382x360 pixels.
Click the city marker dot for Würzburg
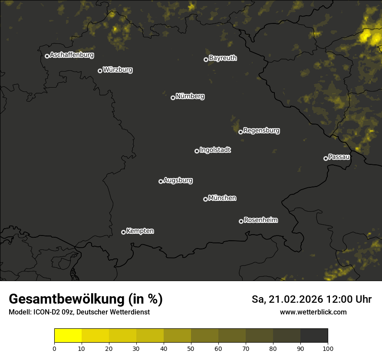click(100, 71)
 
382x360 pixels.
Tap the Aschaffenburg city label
click(72, 55)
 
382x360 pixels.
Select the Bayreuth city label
click(223, 58)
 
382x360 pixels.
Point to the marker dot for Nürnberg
click(173, 98)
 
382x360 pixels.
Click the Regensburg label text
click(261, 131)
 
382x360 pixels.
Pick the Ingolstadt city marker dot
click(197, 151)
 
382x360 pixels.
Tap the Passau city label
click(339, 157)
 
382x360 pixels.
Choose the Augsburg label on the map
click(178, 180)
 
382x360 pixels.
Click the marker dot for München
click(205, 200)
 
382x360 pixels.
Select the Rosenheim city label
click(260, 220)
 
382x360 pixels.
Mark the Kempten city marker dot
click(123, 232)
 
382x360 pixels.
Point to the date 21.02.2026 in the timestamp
click(296, 299)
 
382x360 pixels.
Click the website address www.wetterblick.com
click(313, 312)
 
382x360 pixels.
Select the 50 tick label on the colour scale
click(191, 348)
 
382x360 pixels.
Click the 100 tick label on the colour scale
click(328, 348)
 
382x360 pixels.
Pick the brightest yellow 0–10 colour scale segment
click(68, 335)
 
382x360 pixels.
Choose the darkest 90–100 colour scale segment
click(314, 335)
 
